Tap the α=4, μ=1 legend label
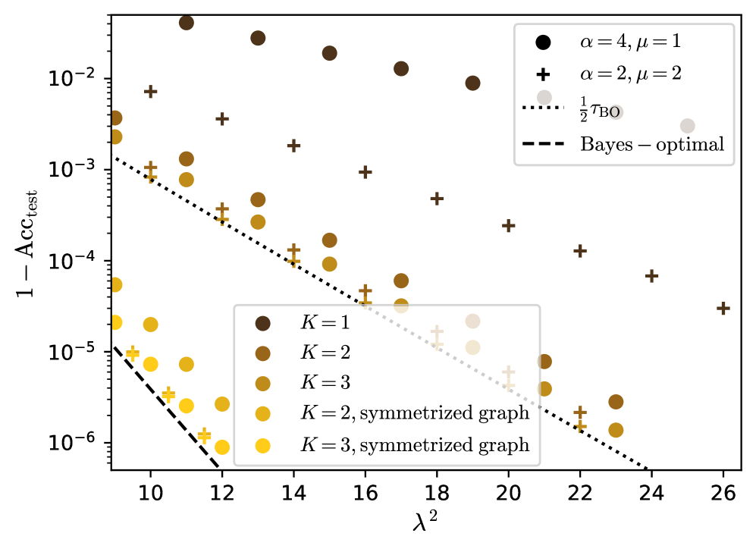(x=626, y=42)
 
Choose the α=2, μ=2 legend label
(x=626, y=74)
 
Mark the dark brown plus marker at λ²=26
(x=723, y=308)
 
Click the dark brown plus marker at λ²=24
(x=651, y=276)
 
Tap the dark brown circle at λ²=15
(x=329, y=53)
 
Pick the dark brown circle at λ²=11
(x=186, y=23)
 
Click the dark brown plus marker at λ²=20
(x=508, y=225)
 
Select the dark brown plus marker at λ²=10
(x=150, y=91)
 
